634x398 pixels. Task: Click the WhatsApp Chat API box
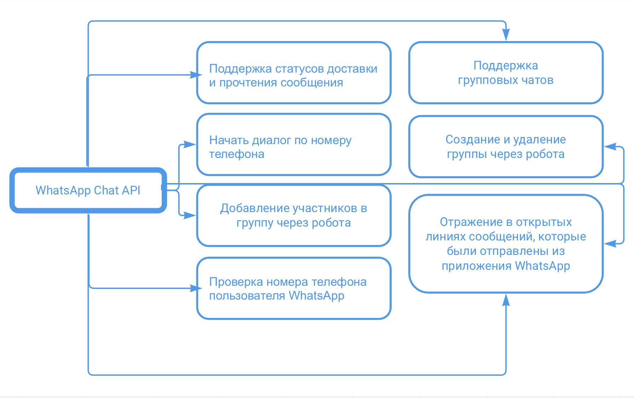[x=88, y=191]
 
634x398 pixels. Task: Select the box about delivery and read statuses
[x=294, y=73]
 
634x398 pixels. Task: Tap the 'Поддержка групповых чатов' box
[x=506, y=73]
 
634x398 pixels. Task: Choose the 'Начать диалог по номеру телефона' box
[x=294, y=144]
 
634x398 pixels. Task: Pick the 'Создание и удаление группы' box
[x=506, y=147]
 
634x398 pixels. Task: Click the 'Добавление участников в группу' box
[x=294, y=215]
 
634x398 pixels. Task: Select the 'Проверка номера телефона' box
[x=294, y=288]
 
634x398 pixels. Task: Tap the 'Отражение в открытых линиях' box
[x=506, y=244]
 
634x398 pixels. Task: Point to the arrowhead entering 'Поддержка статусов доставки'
[x=196, y=75]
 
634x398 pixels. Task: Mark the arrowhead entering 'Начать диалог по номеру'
[x=190, y=144]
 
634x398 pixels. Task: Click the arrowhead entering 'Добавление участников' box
[x=190, y=215]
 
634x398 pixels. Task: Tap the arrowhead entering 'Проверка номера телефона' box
[x=196, y=288]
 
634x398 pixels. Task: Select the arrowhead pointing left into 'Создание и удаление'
[x=610, y=147]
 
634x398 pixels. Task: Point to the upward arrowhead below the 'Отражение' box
[x=506, y=300]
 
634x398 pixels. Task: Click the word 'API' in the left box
[x=131, y=191]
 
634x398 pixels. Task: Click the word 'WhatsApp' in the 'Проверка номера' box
[x=316, y=295]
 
